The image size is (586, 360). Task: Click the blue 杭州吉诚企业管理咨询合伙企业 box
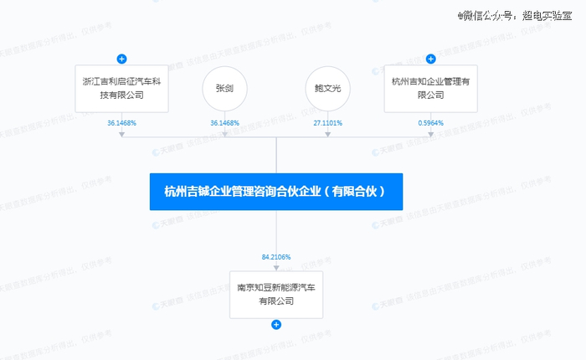pos(276,191)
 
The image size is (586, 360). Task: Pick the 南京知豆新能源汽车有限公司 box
pos(276,293)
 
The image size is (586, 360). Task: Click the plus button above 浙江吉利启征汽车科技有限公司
pos(121,59)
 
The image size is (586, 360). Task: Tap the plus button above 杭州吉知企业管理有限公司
pos(431,59)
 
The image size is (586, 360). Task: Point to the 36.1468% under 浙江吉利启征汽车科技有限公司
pos(121,123)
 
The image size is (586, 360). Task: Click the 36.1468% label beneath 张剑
pos(224,123)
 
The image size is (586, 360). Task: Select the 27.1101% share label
pos(328,123)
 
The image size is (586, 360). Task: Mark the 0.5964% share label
pos(431,123)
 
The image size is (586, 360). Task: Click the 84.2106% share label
pos(276,256)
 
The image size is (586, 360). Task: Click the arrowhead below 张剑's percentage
pos(224,134)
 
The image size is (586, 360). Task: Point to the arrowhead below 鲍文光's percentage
pos(328,134)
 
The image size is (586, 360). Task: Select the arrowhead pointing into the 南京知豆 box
pos(276,265)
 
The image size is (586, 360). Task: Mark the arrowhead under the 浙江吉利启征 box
pos(121,134)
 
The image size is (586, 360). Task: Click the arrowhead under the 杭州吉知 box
pos(431,134)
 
